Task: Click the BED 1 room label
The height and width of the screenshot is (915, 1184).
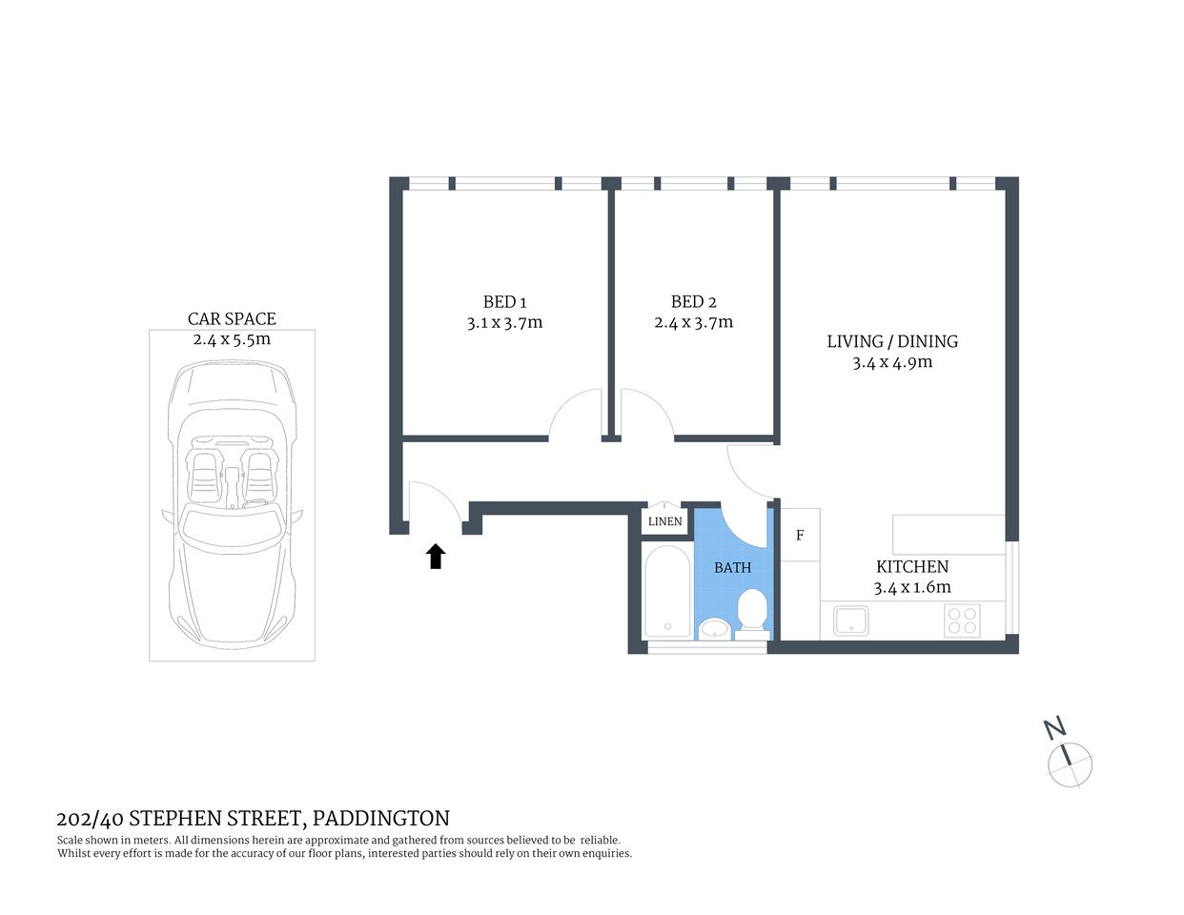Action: coord(504,302)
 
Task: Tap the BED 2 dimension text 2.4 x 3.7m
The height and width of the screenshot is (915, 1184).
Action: coord(693,323)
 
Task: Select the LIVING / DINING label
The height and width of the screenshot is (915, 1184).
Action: coord(891,341)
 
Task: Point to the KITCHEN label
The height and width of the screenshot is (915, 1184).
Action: coord(911,566)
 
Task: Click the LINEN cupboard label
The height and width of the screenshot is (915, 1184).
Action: coord(664,521)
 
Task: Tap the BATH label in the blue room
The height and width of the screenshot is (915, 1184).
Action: coord(732,567)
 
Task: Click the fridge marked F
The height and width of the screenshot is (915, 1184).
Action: coord(800,536)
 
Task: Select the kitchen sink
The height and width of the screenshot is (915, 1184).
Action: coord(850,620)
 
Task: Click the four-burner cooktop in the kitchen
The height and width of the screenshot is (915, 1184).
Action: coord(961,620)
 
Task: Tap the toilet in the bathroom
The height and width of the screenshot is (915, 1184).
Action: coord(753,612)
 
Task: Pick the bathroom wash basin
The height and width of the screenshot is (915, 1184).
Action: coord(714,628)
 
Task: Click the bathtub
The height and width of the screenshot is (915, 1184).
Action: coord(666,592)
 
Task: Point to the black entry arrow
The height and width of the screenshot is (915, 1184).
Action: coord(436,557)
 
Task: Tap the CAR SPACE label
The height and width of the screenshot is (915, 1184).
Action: coord(232,319)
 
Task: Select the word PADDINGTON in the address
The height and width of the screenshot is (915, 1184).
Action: coord(380,818)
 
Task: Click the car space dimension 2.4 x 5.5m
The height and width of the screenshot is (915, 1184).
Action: coord(232,339)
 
